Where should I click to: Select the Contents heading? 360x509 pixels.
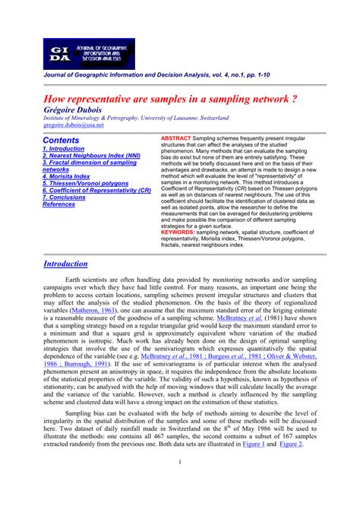coord(61,141)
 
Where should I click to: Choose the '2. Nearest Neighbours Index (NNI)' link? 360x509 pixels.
coord(90,156)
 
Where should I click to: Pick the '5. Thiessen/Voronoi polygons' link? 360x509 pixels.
coord(85,183)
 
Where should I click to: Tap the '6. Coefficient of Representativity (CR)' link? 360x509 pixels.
coord(96,190)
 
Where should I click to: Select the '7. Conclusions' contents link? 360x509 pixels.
coord(64,197)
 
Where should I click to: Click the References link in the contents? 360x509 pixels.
coord(58,204)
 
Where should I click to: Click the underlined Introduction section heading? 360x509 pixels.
coord(65,264)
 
